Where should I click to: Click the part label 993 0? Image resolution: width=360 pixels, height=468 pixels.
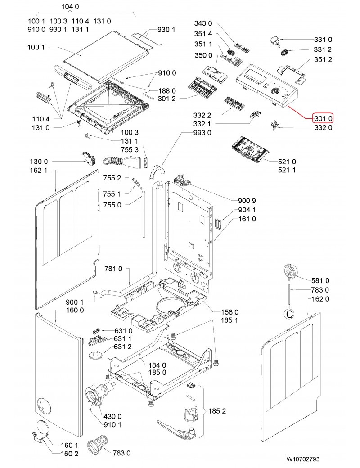point(202,133)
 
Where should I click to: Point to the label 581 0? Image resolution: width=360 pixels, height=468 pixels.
point(320,280)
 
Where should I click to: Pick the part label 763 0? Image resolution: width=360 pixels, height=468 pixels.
point(121,452)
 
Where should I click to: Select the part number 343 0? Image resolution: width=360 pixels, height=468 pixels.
point(203,23)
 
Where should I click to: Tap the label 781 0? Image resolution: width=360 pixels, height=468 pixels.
point(113,269)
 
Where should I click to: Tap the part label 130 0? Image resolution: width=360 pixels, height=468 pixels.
point(39,161)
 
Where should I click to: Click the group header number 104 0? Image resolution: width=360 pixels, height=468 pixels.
point(70,7)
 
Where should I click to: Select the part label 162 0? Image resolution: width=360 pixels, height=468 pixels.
point(320,299)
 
